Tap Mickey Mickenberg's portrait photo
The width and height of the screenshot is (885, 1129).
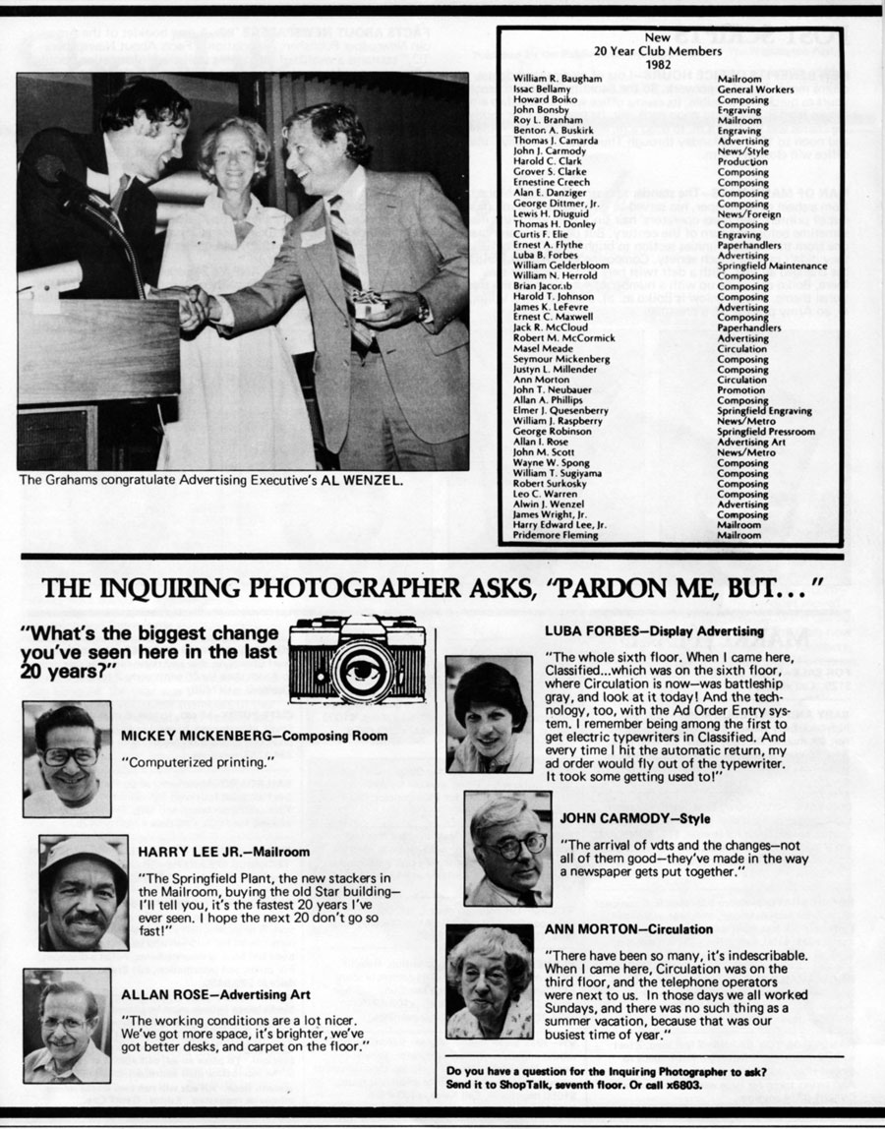pos(67,758)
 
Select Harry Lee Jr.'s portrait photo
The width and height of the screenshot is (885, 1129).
pos(84,893)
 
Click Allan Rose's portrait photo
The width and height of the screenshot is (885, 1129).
pos(67,1026)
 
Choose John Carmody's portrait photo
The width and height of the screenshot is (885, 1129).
pos(507,848)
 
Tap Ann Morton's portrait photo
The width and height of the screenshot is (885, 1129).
pos(489,980)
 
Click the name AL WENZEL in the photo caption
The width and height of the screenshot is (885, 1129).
pos(371,482)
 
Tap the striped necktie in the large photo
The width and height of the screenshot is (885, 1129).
pos(346,256)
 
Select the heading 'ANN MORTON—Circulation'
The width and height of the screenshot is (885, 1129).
pos(628,929)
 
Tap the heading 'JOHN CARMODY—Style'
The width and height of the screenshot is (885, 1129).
pos(635,818)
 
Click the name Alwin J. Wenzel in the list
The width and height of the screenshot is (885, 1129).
pos(552,505)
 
